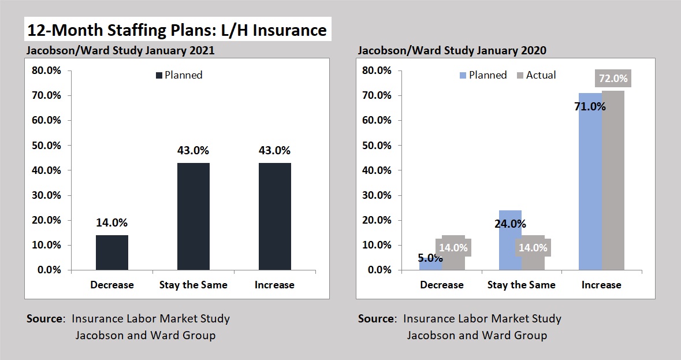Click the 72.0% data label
tap(613, 78)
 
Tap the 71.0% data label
tap(590, 106)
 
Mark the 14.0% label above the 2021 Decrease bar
tap(112, 222)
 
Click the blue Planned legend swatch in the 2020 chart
tap(463, 75)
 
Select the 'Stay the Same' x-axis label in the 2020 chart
tap(522, 285)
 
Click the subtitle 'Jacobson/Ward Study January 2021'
tap(120, 50)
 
